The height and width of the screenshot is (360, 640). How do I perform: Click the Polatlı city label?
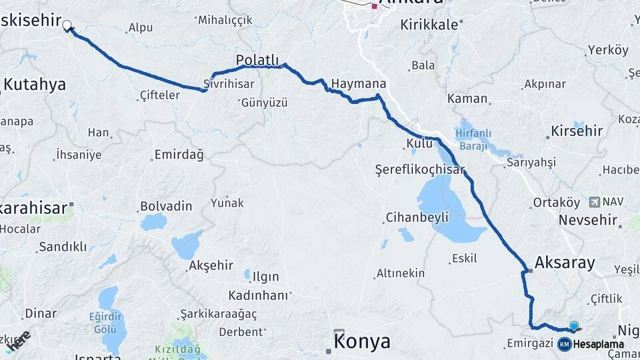pyautogui.click(x=257, y=61)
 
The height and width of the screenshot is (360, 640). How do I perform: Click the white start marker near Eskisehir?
pyautogui.click(x=67, y=26)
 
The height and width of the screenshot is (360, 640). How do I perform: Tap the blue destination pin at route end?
pyautogui.click(x=575, y=326)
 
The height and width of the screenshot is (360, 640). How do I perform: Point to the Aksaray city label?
pyautogui.click(x=564, y=263)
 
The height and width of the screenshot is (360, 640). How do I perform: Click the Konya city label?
pyautogui.click(x=362, y=342)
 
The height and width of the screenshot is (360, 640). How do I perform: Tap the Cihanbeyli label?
pyautogui.click(x=417, y=217)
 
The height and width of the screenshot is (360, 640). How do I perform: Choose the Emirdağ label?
pyautogui.click(x=179, y=155)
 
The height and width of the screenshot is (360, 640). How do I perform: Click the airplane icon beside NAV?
pyautogui.click(x=594, y=201)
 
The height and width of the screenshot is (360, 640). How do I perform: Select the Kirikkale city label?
pyautogui.click(x=429, y=25)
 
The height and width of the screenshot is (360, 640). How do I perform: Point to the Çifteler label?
pyautogui.click(x=160, y=95)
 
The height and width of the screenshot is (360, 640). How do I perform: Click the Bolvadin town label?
pyautogui.click(x=166, y=206)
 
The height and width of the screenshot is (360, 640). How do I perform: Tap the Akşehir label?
pyautogui.click(x=211, y=265)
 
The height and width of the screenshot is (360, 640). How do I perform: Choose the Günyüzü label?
pyautogui.click(x=264, y=103)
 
